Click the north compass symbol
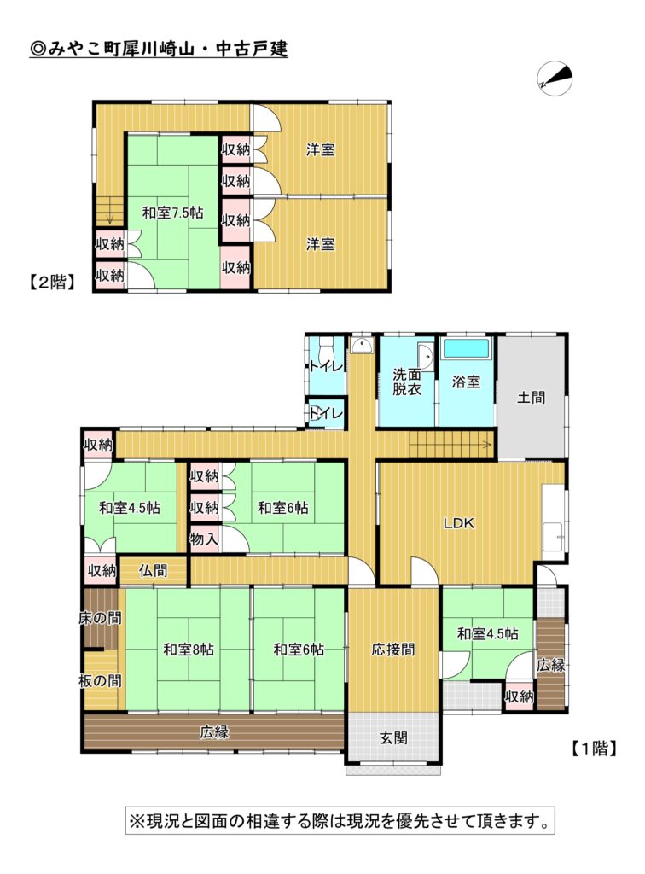(x=555, y=78)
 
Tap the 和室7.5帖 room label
(x=172, y=213)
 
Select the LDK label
(x=459, y=523)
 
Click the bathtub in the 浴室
(x=466, y=349)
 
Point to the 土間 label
(x=531, y=397)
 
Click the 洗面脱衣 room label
(x=407, y=382)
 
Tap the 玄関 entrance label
(x=393, y=738)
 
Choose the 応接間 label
(x=393, y=650)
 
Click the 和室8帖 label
(x=189, y=650)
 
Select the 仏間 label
(x=154, y=571)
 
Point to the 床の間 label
(x=101, y=618)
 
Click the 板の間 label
(x=101, y=680)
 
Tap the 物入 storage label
(x=205, y=539)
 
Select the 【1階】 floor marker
(x=594, y=748)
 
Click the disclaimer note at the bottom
(x=340, y=820)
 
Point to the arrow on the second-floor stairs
(x=110, y=214)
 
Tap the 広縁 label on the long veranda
(x=214, y=731)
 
